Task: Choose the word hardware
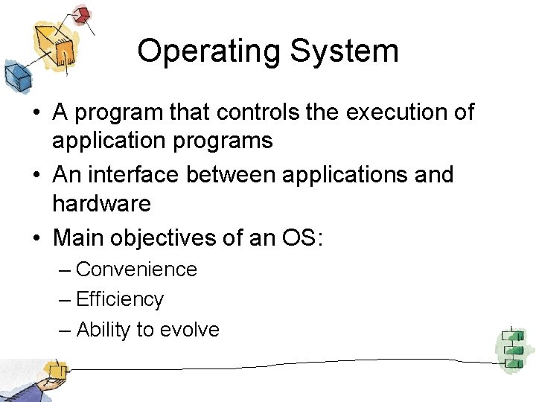(x=101, y=203)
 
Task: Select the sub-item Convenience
(x=136, y=269)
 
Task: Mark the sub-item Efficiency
(x=120, y=299)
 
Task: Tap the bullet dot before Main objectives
(x=36, y=239)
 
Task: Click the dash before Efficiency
(x=65, y=299)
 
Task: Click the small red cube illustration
(x=82, y=14)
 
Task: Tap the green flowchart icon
(x=512, y=348)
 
